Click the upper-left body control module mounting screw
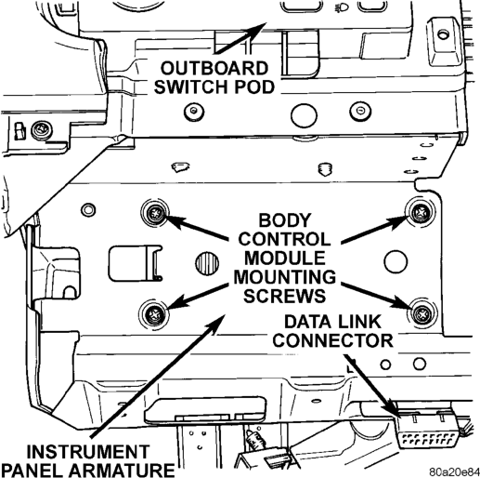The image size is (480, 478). pyautogui.click(x=155, y=213)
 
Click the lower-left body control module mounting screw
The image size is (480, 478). pyautogui.click(x=154, y=314)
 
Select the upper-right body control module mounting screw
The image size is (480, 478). pyautogui.click(x=421, y=213)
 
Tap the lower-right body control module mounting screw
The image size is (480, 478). pyautogui.click(x=422, y=314)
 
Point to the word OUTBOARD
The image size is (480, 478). pyautogui.click(x=214, y=68)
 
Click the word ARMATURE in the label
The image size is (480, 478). pyautogui.click(x=122, y=470)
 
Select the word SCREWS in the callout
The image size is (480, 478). pyautogui.click(x=284, y=296)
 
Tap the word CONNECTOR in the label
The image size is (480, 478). pyautogui.click(x=332, y=340)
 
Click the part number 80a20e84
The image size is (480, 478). pyautogui.click(x=454, y=471)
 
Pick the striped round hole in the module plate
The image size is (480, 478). pyautogui.click(x=207, y=263)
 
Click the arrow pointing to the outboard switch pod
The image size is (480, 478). pyautogui.click(x=240, y=37)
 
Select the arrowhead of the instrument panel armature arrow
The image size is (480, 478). pyautogui.click(x=217, y=324)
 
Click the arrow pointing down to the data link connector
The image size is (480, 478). pyautogui.click(x=370, y=386)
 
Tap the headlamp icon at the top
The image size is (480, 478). pyautogui.click(x=342, y=7)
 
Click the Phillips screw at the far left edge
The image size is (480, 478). pyautogui.click(x=42, y=130)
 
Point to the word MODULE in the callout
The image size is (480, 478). pyautogui.click(x=285, y=258)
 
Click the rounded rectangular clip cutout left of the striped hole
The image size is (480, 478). pyautogui.click(x=136, y=263)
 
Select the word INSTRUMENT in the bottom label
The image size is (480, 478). pyautogui.click(x=88, y=452)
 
